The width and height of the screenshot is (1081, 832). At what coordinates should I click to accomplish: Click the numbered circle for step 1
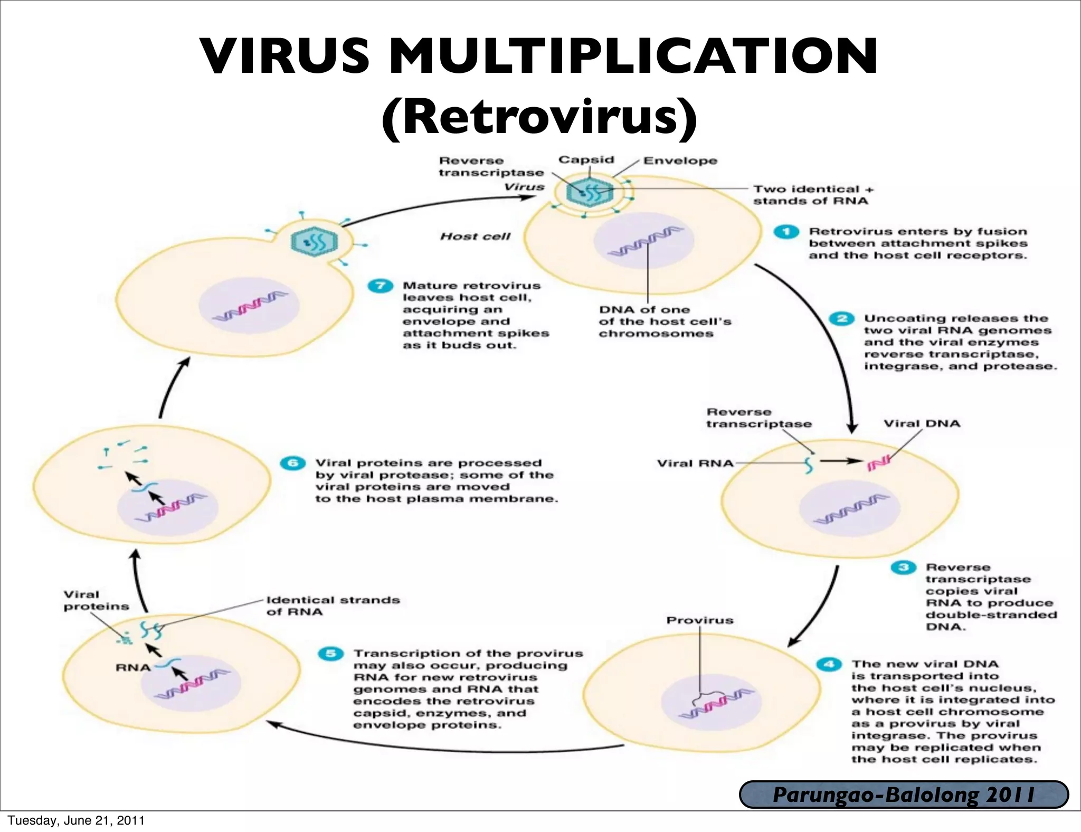(x=786, y=232)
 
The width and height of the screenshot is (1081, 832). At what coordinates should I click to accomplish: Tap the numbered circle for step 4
(x=829, y=664)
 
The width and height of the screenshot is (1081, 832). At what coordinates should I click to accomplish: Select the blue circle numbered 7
(x=380, y=286)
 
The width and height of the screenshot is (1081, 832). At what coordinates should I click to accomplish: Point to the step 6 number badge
(x=292, y=463)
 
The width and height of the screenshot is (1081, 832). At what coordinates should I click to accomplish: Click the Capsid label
(x=586, y=159)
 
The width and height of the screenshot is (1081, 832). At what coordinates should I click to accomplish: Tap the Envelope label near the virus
(x=680, y=160)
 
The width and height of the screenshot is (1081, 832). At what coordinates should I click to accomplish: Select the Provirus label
(x=699, y=620)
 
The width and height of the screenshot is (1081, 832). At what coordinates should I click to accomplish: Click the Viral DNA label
(x=922, y=423)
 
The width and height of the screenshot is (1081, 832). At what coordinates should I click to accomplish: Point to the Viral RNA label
(x=695, y=464)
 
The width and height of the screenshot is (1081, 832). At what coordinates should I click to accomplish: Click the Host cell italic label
(x=475, y=237)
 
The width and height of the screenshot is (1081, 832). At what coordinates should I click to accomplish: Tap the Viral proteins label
(x=96, y=600)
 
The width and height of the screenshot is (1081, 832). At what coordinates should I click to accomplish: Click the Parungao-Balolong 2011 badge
(x=904, y=795)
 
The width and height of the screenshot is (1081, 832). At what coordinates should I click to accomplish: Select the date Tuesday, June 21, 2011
(x=76, y=820)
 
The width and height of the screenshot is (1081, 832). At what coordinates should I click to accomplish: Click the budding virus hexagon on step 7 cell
(x=314, y=242)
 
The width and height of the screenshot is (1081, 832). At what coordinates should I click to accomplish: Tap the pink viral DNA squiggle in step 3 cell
(x=878, y=462)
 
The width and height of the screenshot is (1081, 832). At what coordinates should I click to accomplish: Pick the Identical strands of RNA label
(x=333, y=606)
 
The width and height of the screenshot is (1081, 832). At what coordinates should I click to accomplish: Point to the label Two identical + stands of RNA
(x=813, y=195)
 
